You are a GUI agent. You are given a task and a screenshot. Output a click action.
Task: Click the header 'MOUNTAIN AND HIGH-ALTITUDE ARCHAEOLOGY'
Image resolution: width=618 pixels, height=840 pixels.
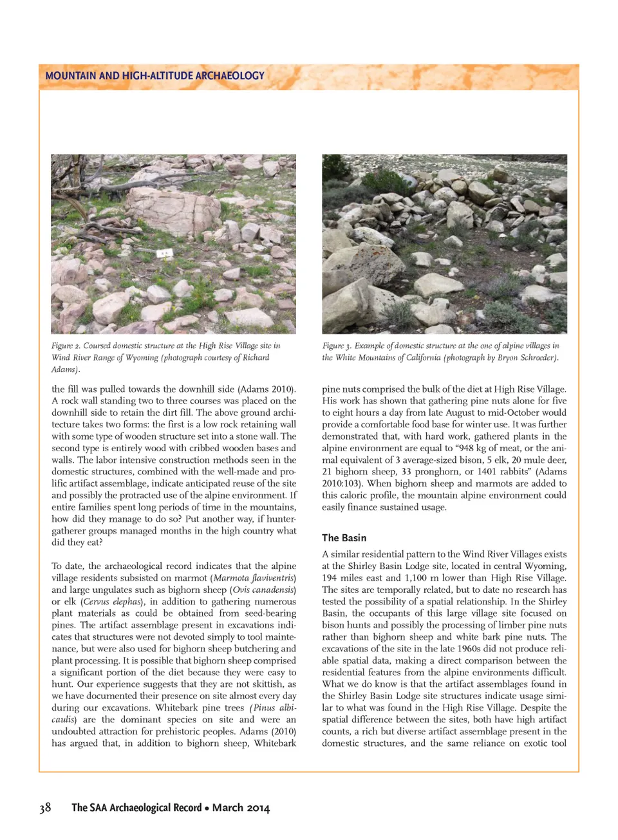(154, 76)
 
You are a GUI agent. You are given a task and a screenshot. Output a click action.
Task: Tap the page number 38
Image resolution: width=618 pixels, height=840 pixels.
(45, 808)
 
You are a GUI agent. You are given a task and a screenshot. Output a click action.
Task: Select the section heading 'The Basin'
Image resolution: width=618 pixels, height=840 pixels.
(344, 537)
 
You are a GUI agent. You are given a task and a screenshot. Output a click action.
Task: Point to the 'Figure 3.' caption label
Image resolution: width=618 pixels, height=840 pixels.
(337, 346)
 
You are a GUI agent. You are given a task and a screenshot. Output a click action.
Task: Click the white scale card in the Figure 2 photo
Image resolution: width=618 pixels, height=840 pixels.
(165, 253)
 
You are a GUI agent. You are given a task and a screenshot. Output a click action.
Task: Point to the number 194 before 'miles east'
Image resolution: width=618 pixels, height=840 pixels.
(330, 578)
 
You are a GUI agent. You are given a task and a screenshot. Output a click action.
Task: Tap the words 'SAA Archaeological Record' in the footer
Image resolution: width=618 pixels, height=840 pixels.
(147, 808)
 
